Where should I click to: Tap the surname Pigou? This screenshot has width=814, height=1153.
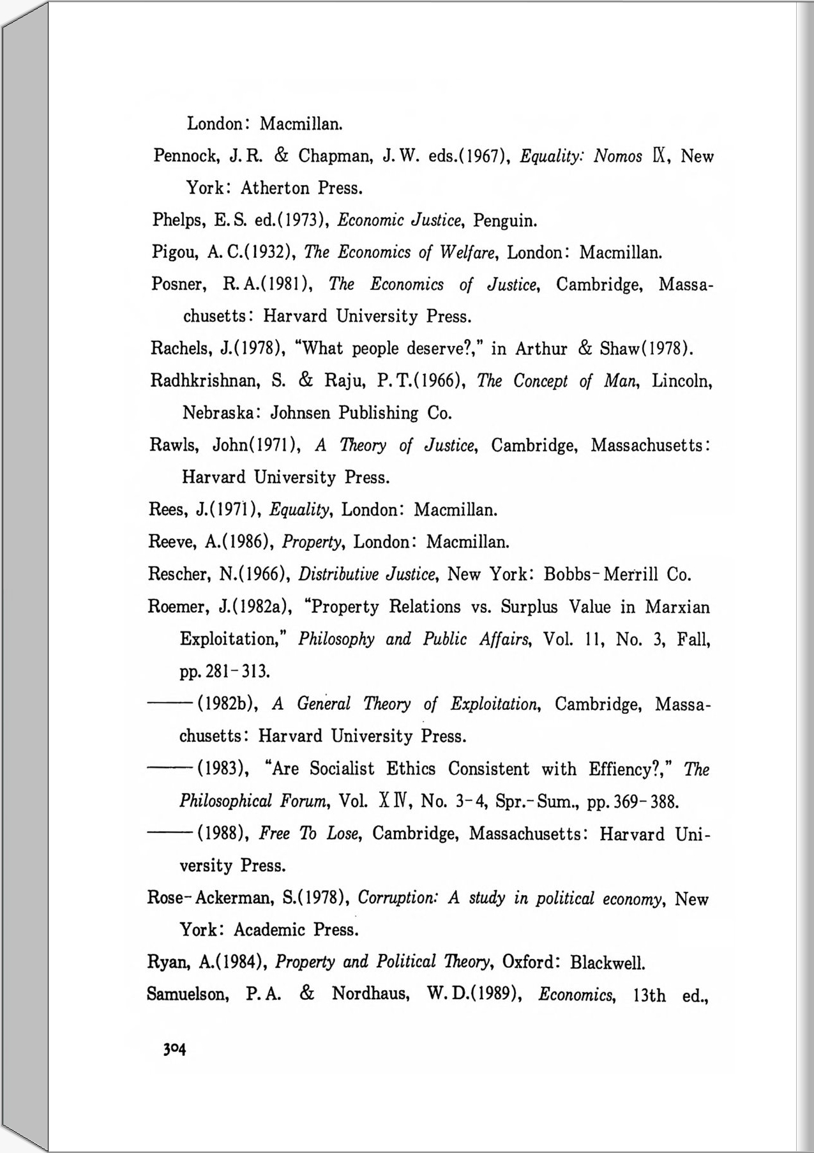click(x=174, y=253)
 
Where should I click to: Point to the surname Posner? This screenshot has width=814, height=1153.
click(x=177, y=285)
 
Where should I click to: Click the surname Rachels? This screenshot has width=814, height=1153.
click(x=180, y=349)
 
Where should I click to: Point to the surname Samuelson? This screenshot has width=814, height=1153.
click(x=187, y=995)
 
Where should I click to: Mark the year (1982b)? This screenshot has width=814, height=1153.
click(x=228, y=704)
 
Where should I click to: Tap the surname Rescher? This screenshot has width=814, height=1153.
click(x=178, y=575)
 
